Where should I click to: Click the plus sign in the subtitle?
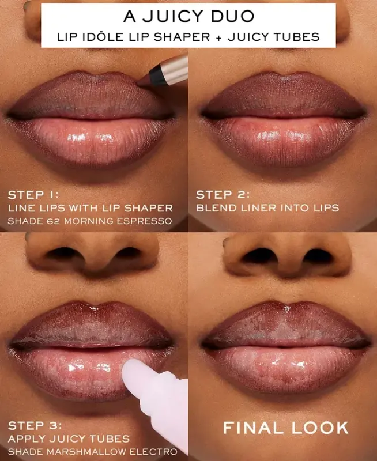point(218,37)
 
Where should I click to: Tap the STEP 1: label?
point(33,194)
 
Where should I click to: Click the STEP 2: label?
point(223,194)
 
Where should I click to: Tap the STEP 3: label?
point(33,426)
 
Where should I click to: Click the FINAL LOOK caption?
point(286,428)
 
